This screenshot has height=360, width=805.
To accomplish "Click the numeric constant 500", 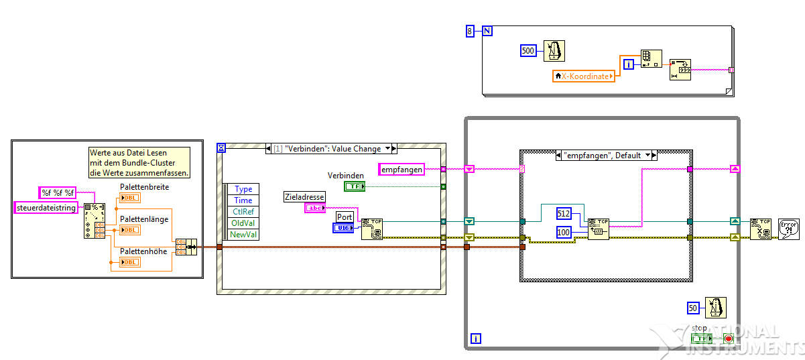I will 528,51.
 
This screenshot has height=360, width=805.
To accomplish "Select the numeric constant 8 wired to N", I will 470,30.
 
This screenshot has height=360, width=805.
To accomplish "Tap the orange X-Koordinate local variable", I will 583,76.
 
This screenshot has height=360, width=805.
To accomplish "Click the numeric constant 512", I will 564,213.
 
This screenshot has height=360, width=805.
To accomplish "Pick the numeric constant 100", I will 564,232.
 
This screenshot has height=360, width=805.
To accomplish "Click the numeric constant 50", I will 694,308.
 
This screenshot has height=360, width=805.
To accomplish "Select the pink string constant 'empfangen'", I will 401,170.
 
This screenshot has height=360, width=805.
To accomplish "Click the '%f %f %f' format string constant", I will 58,193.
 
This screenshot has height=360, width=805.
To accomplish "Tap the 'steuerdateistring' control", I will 46,208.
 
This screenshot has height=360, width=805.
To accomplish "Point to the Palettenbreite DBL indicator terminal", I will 130,198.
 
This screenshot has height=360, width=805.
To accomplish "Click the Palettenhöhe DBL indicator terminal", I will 130,262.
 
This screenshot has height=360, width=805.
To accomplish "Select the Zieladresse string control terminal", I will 315,208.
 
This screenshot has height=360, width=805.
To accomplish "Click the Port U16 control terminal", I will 344,229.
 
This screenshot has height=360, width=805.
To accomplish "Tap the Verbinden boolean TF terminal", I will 355,186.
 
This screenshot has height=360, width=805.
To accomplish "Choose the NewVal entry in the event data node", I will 243,235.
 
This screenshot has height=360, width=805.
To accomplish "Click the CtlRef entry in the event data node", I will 243,212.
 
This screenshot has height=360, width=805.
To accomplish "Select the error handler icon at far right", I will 788,229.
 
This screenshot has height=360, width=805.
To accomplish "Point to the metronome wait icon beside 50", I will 715,308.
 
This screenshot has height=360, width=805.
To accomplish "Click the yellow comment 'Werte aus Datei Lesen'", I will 139,163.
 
